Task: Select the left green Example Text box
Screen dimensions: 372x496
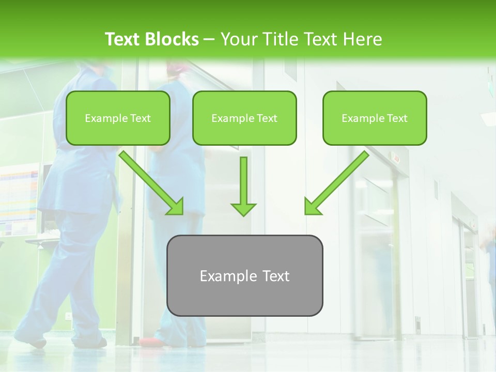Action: coord(118,118)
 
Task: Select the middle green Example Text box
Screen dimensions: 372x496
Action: coord(244,118)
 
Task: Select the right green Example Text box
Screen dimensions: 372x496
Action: coord(375,118)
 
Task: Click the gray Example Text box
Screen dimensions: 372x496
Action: coord(244,276)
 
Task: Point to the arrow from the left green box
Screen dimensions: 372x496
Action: coord(150,181)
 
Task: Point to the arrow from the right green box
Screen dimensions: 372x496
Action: coord(338,181)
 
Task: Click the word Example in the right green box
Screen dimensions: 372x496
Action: coord(362,118)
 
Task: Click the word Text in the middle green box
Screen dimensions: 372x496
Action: coord(267,118)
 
